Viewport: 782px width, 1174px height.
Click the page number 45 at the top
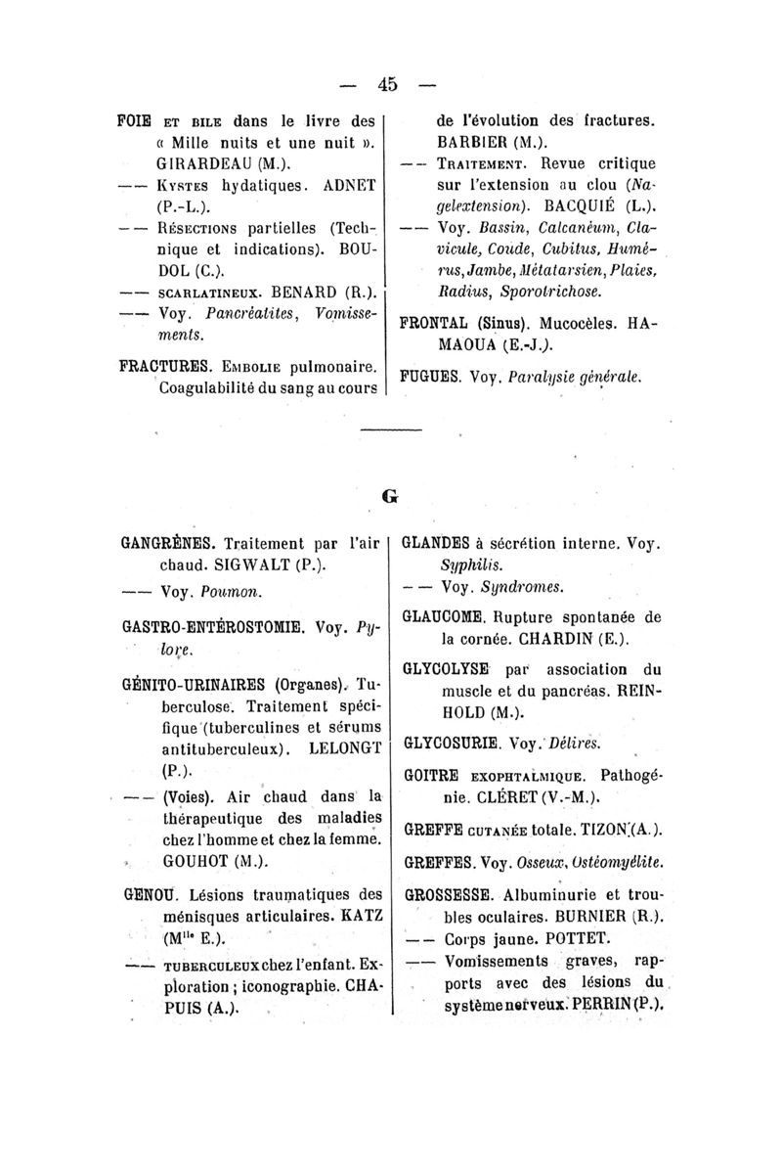click(389, 84)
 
